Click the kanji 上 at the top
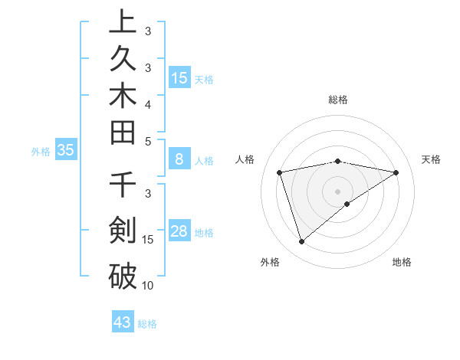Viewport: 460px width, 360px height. pyautogui.click(x=123, y=21)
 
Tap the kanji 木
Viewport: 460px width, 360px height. pyautogui.click(x=123, y=95)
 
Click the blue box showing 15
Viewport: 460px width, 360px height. pyautogui.click(x=179, y=77)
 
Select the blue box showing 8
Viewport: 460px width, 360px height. pyautogui.click(x=179, y=160)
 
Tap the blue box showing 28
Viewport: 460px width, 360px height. pyautogui.click(x=179, y=232)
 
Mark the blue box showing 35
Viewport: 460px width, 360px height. pyautogui.click(x=66, y=151)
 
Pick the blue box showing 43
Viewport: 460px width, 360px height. pyautogui.click(x=123, y=322)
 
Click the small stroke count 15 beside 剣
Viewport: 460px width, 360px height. pyautogui.click(x=148, y=240)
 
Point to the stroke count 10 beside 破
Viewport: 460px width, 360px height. pyautogui.click(x=148, y=286)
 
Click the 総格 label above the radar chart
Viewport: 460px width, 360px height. pyautogui.click(x=338, y=100)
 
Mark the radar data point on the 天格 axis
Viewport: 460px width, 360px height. pyautogui.click(x=396, y=172)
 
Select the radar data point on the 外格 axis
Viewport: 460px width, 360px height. pyautogui.click(x=301, y=242)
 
